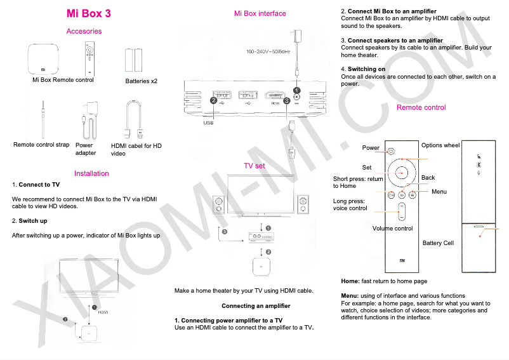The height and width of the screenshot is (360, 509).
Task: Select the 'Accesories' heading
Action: point(84,31)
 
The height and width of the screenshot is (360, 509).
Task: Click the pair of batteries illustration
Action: point(134,61)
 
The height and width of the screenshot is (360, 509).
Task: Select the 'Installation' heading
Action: point(91,173)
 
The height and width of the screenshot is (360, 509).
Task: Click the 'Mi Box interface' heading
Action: point(260,13)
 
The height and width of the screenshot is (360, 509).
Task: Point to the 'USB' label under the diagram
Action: point(208,123)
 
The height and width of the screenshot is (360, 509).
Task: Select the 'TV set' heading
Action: point(255,166)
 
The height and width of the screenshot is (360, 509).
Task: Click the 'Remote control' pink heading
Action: point(421,107)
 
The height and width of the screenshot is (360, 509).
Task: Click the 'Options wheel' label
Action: point(440,145)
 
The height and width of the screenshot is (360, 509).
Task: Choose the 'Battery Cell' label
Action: point(438,243)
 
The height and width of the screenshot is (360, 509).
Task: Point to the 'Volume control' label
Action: point(392,229)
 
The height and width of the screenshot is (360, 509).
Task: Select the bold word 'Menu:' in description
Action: point(350,296)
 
